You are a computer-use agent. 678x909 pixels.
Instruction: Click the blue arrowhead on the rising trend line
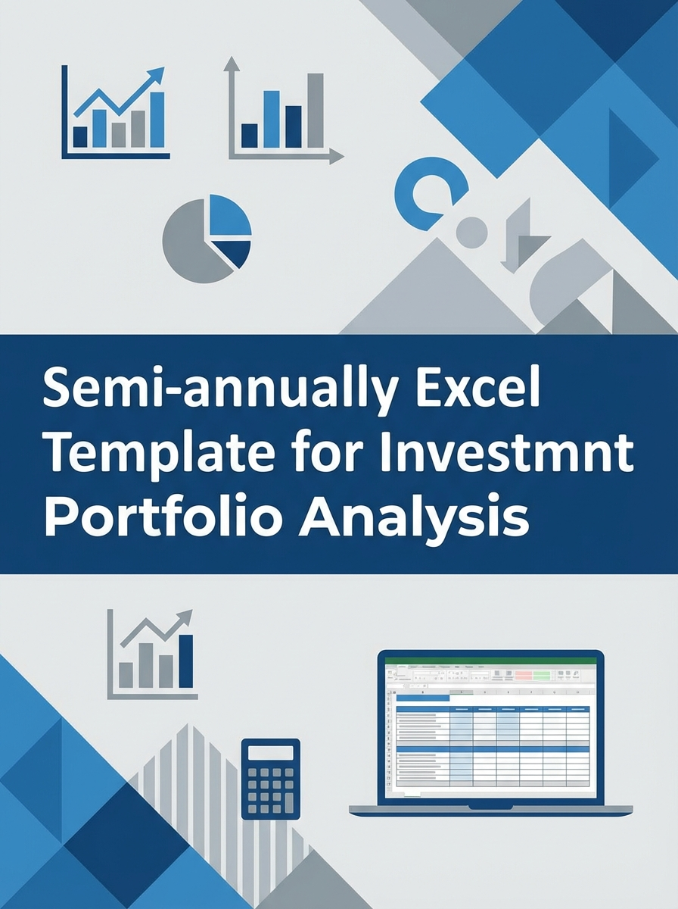tap(157, 73)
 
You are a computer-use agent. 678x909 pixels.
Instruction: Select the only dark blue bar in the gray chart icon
tap(185, 661)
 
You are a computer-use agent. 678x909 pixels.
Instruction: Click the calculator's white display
tap(270, 752)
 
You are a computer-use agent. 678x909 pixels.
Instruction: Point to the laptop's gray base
tap(490, 810)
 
